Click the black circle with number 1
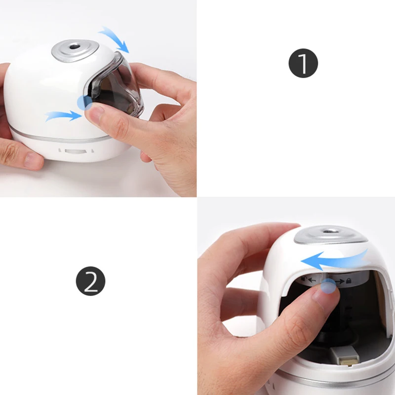click(303, 63)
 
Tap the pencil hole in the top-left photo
click(75, 48)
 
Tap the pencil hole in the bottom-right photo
click(330, 231)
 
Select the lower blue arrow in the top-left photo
click(63, 116)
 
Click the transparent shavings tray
click(118, 86)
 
